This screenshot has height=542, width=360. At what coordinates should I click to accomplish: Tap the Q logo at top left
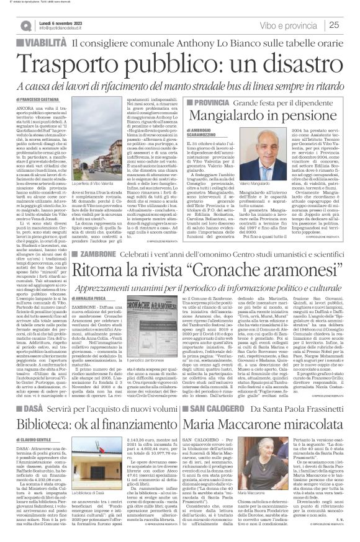(x=25, y=25)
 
